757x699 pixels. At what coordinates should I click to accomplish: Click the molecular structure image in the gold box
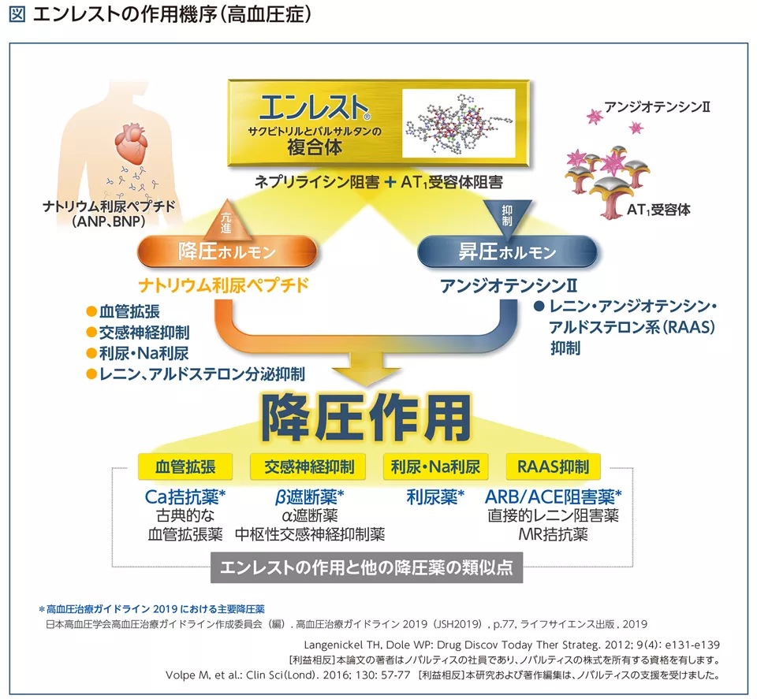click(459, 124)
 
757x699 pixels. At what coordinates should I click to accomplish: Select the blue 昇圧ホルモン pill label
click(507, 252)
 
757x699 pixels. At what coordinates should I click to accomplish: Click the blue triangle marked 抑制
click(507, 214)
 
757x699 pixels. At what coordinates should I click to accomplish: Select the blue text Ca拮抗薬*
click(186, 496)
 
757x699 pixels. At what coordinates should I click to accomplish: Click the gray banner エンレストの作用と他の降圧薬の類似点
click(367, 568)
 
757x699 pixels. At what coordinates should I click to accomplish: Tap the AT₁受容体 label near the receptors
click(658, 210)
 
